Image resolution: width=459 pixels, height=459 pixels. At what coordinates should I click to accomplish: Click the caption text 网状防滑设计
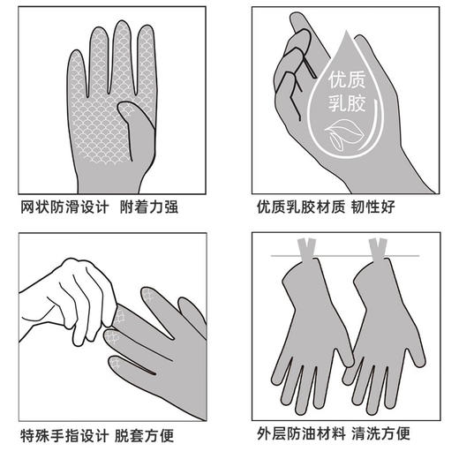tap(65, 208)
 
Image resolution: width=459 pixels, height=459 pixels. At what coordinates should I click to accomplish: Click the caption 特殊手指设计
tap(65, 434)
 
